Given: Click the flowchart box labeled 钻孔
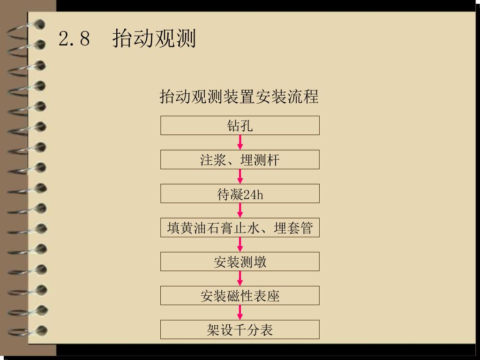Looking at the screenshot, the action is click(240, 126).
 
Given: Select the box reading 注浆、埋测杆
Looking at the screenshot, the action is click(240, 160).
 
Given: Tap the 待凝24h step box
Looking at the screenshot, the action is click(240, 194).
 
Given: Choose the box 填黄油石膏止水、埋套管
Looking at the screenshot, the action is click(240, 228).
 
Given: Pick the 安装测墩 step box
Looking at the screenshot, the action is click(240, 262).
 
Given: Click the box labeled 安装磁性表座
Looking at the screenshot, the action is click(240, 296).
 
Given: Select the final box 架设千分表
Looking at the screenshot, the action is click(240, 330).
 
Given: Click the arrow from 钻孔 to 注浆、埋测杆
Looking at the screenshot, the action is click(240, 142).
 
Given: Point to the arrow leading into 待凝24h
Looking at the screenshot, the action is click(240, 177).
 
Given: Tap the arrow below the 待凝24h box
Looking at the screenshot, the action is click(240, 210).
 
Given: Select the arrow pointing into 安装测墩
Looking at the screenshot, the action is click(240, 245).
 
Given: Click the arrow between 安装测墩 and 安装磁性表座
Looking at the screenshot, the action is click(240, 278).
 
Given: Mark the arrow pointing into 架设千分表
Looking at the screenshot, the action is click(240, 313).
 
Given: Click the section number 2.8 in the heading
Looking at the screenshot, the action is click(74, 39).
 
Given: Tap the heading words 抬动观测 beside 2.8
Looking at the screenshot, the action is click(154, 38).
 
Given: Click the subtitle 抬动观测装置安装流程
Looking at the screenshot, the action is click(239, 97).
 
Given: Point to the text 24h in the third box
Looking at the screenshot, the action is click(254, 195).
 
